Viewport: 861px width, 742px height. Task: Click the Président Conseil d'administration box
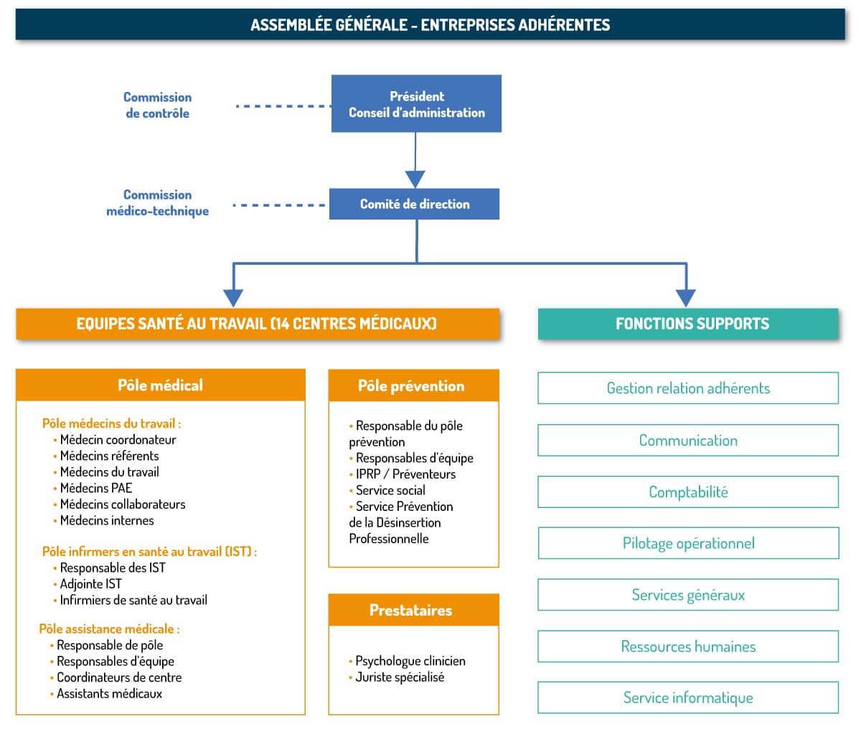[416, 103]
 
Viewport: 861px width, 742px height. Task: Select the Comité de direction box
[415, 204]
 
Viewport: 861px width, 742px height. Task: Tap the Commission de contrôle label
[157, 105]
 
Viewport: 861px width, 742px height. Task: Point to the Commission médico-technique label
[157, 203]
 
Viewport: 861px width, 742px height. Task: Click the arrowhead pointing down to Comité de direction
[415, 179]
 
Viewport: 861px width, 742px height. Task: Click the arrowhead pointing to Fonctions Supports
[686, 298]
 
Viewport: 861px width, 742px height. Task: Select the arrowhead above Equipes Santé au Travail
[233, 298]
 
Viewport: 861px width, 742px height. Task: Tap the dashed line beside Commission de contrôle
[283, 106]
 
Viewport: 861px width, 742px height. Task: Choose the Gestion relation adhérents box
[688, 388]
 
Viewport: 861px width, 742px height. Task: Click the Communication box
[688, 440]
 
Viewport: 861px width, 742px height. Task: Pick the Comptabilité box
[688, 492]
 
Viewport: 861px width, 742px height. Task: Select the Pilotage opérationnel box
[689, 543]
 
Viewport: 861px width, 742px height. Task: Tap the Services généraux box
[688, 594]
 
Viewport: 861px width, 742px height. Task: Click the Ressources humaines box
[688, 646]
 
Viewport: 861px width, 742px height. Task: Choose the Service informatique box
[688, 698]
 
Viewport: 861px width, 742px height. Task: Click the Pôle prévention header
[413, 385]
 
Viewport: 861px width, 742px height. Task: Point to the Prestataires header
[413, 610]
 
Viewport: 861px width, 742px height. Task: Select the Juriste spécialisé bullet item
[397, 677]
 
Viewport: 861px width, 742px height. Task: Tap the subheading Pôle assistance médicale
[110, 629]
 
